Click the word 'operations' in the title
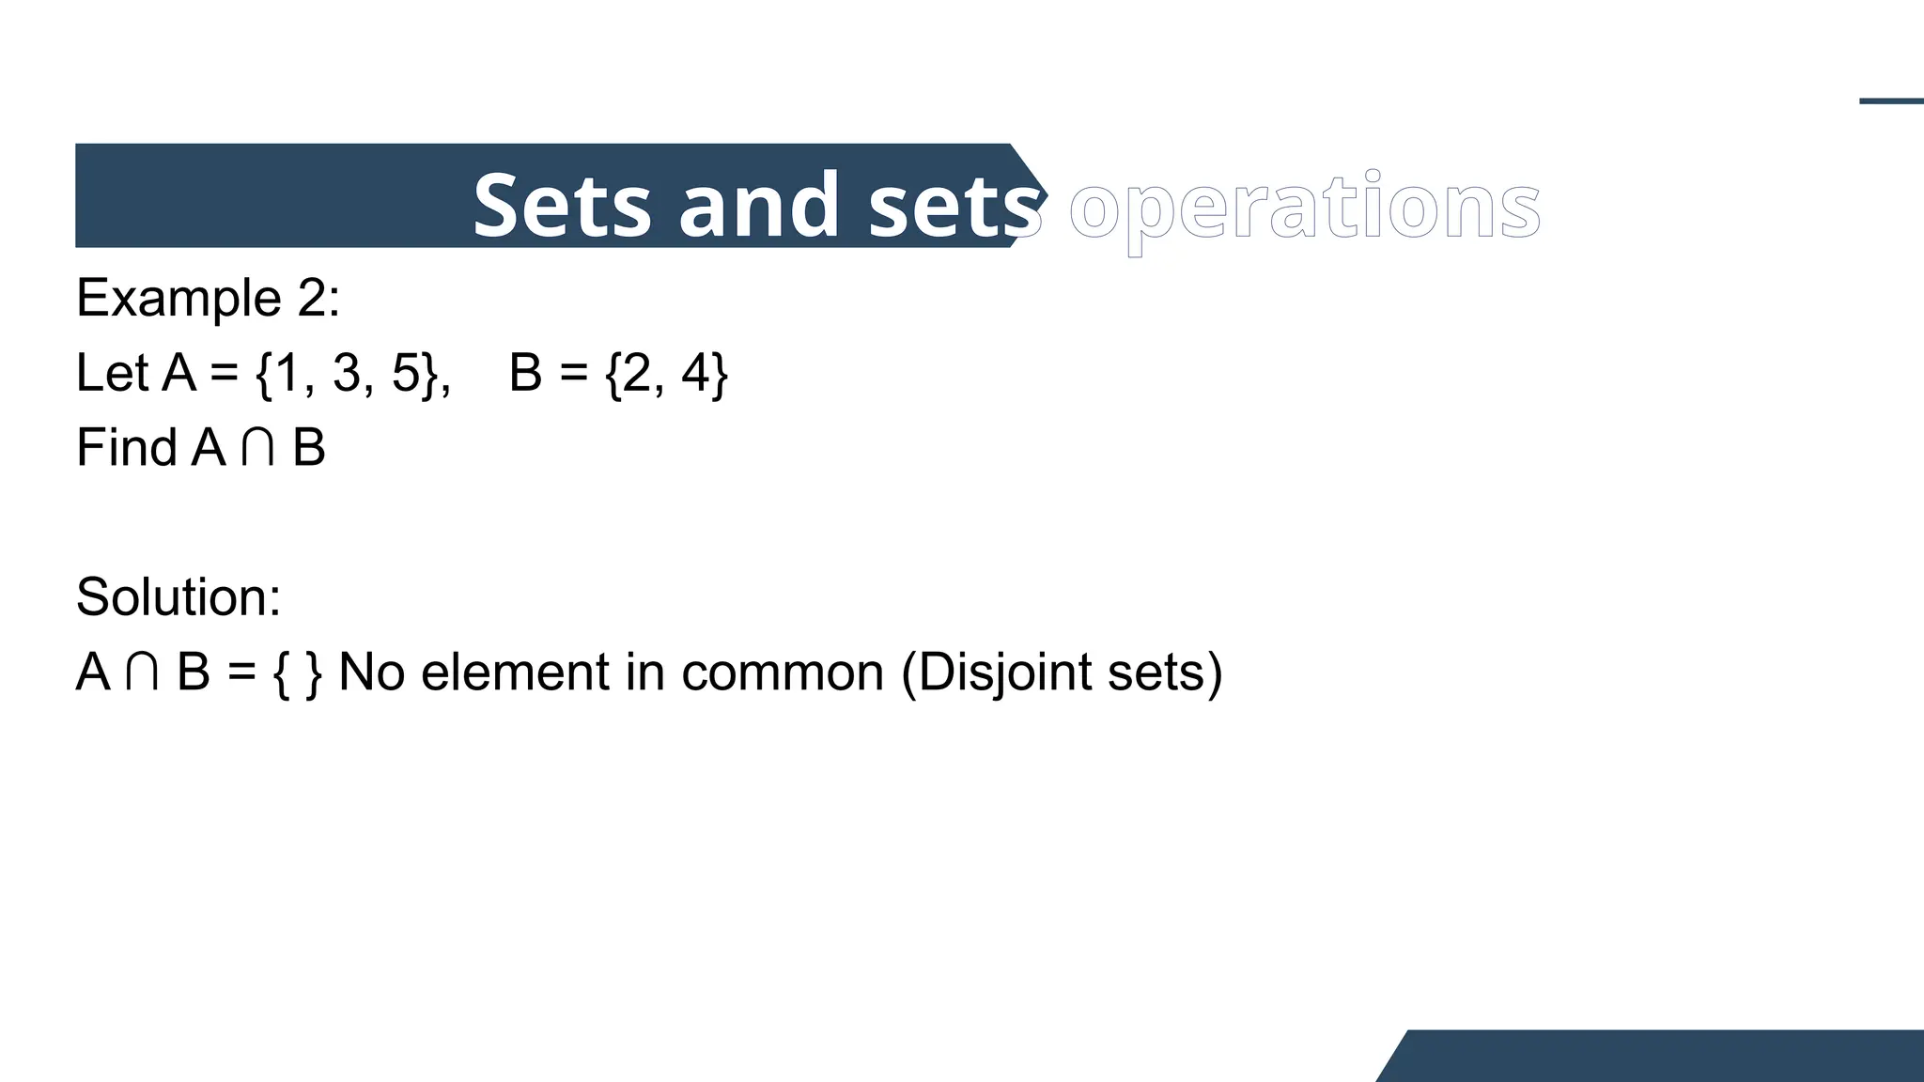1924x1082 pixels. pyautogui.click(x=1304, y=207)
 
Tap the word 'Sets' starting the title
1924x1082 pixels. pyautogui.click(x=561, y=206)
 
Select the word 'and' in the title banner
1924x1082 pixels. pyautogui.click(x=758, y=206)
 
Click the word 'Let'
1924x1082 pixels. pyautogui.click(x=112, y=373)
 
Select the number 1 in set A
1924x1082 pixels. pyautogui.click(x=286, y=373)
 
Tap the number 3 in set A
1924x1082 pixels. pyautogui.click(x=347, y=373)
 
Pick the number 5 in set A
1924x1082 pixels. pyautogui.click(x=406, y=373)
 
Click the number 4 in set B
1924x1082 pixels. pyautogui.click(x=696, y=373)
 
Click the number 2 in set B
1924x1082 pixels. pyautogui.click(x=637, y=373)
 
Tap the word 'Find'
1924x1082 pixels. pyautogui.click(x=126, y=447)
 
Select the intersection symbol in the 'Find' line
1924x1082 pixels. pyautogui.click(x=257, y=449)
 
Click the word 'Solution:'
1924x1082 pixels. pyautogui.click(x=178, y=597)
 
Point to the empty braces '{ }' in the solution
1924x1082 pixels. pyautogui.click(x=297, y=672)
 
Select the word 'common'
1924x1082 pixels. pyautogui.click(x=783, y=672)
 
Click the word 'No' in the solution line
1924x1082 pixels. pyautogui.click(x=371, y=672)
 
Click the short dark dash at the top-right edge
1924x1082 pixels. pyautogui.click(x=1891, y=101)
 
